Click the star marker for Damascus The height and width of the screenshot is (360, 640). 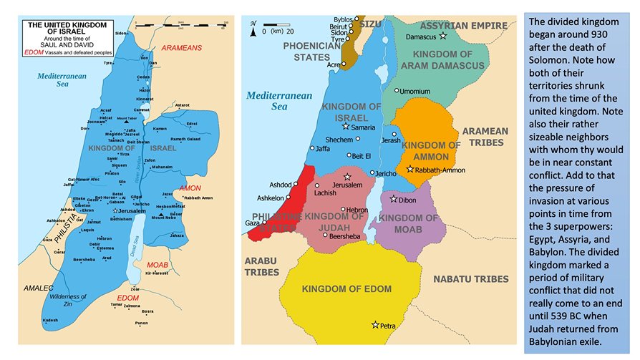pyautogui.click(x=443, y=36)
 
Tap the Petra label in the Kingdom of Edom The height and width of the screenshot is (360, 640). pyautogui.click(x=388, y=326)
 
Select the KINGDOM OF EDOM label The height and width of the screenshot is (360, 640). pyautogui.click(x=346, y=289)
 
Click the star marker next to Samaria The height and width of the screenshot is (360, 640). pyautogui.click(x=345, y=126)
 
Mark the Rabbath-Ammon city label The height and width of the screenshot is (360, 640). pyautogui.click(x=440, y=170)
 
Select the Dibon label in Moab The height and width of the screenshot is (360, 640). pyautogui.click(x=407, y=200)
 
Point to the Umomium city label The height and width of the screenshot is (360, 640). pyautogui.click(x=415, y=92)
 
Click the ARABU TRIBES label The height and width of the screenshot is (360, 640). pyautogui.click(x=261, y=266)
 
